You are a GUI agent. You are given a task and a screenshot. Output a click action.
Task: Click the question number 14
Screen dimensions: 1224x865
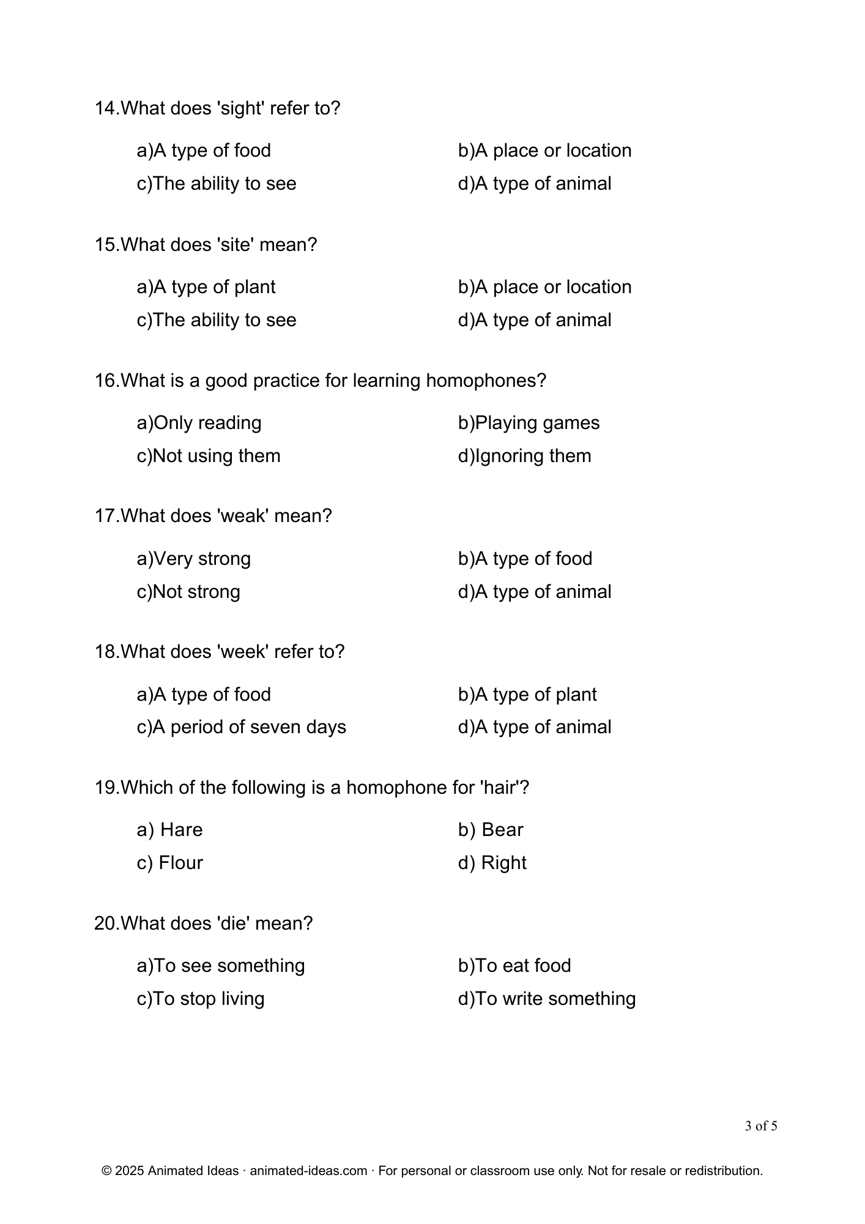pos(105,108)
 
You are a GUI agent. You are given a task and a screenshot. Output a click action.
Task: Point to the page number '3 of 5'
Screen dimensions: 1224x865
pos(761,1126)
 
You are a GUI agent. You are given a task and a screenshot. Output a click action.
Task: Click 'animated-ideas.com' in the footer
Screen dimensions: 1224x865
pos(308,1171)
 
